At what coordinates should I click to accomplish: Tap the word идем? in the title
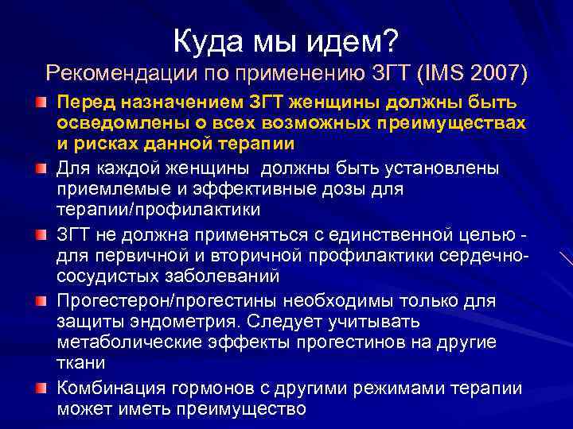tap(356, 37)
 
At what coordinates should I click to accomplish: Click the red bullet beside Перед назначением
tap(40, 104)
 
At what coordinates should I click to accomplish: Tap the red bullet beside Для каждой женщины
tap(40, 169)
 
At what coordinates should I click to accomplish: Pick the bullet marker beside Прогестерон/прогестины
tap(40, 301)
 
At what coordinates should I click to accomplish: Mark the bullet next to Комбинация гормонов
tap(40, 388)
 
